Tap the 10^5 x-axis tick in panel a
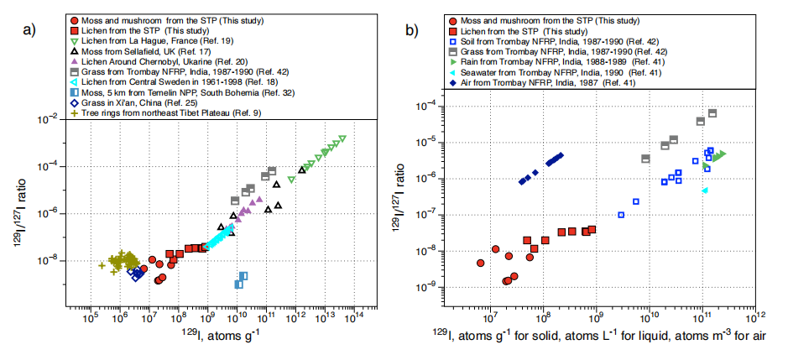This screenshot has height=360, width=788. [90, 318]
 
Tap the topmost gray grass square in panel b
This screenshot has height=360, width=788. [712, 112]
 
